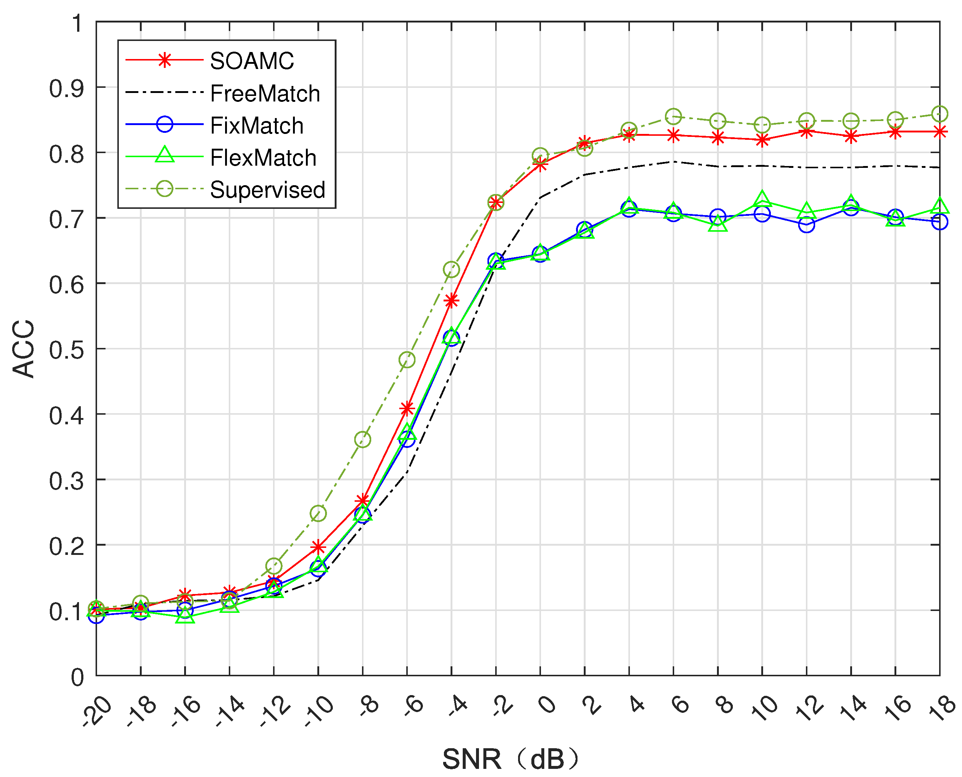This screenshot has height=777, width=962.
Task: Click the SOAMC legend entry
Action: click(252, 61)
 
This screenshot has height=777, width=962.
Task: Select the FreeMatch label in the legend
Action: click(265, 94)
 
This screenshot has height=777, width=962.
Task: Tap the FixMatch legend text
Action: click(256, 126)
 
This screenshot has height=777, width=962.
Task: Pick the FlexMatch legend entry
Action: click(263, 158)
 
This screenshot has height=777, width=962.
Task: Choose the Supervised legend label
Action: click(267, 190)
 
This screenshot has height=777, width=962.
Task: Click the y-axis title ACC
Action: click(23, 349)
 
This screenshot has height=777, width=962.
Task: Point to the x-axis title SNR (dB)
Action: click(510, 759)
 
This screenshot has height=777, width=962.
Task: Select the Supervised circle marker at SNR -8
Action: click(363, 439)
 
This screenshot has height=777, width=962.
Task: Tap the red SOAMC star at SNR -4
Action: click(451, 301)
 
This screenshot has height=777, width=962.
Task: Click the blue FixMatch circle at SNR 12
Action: click(806, 225)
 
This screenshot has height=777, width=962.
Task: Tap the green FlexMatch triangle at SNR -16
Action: click(185, 616)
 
